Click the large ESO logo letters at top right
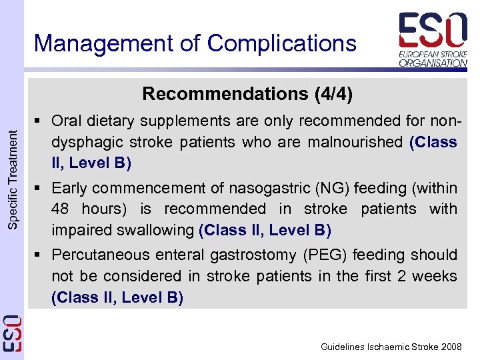pyautogui.click(x=433, y=31)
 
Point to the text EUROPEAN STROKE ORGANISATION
pyautogui.click(x=433, y=58)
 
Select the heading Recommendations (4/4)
pyautogui.click(x=247, y=93)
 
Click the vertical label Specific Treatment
pyautogui.click(x=13, y=180)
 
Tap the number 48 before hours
pyautogui.click(x=61, y=209)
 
